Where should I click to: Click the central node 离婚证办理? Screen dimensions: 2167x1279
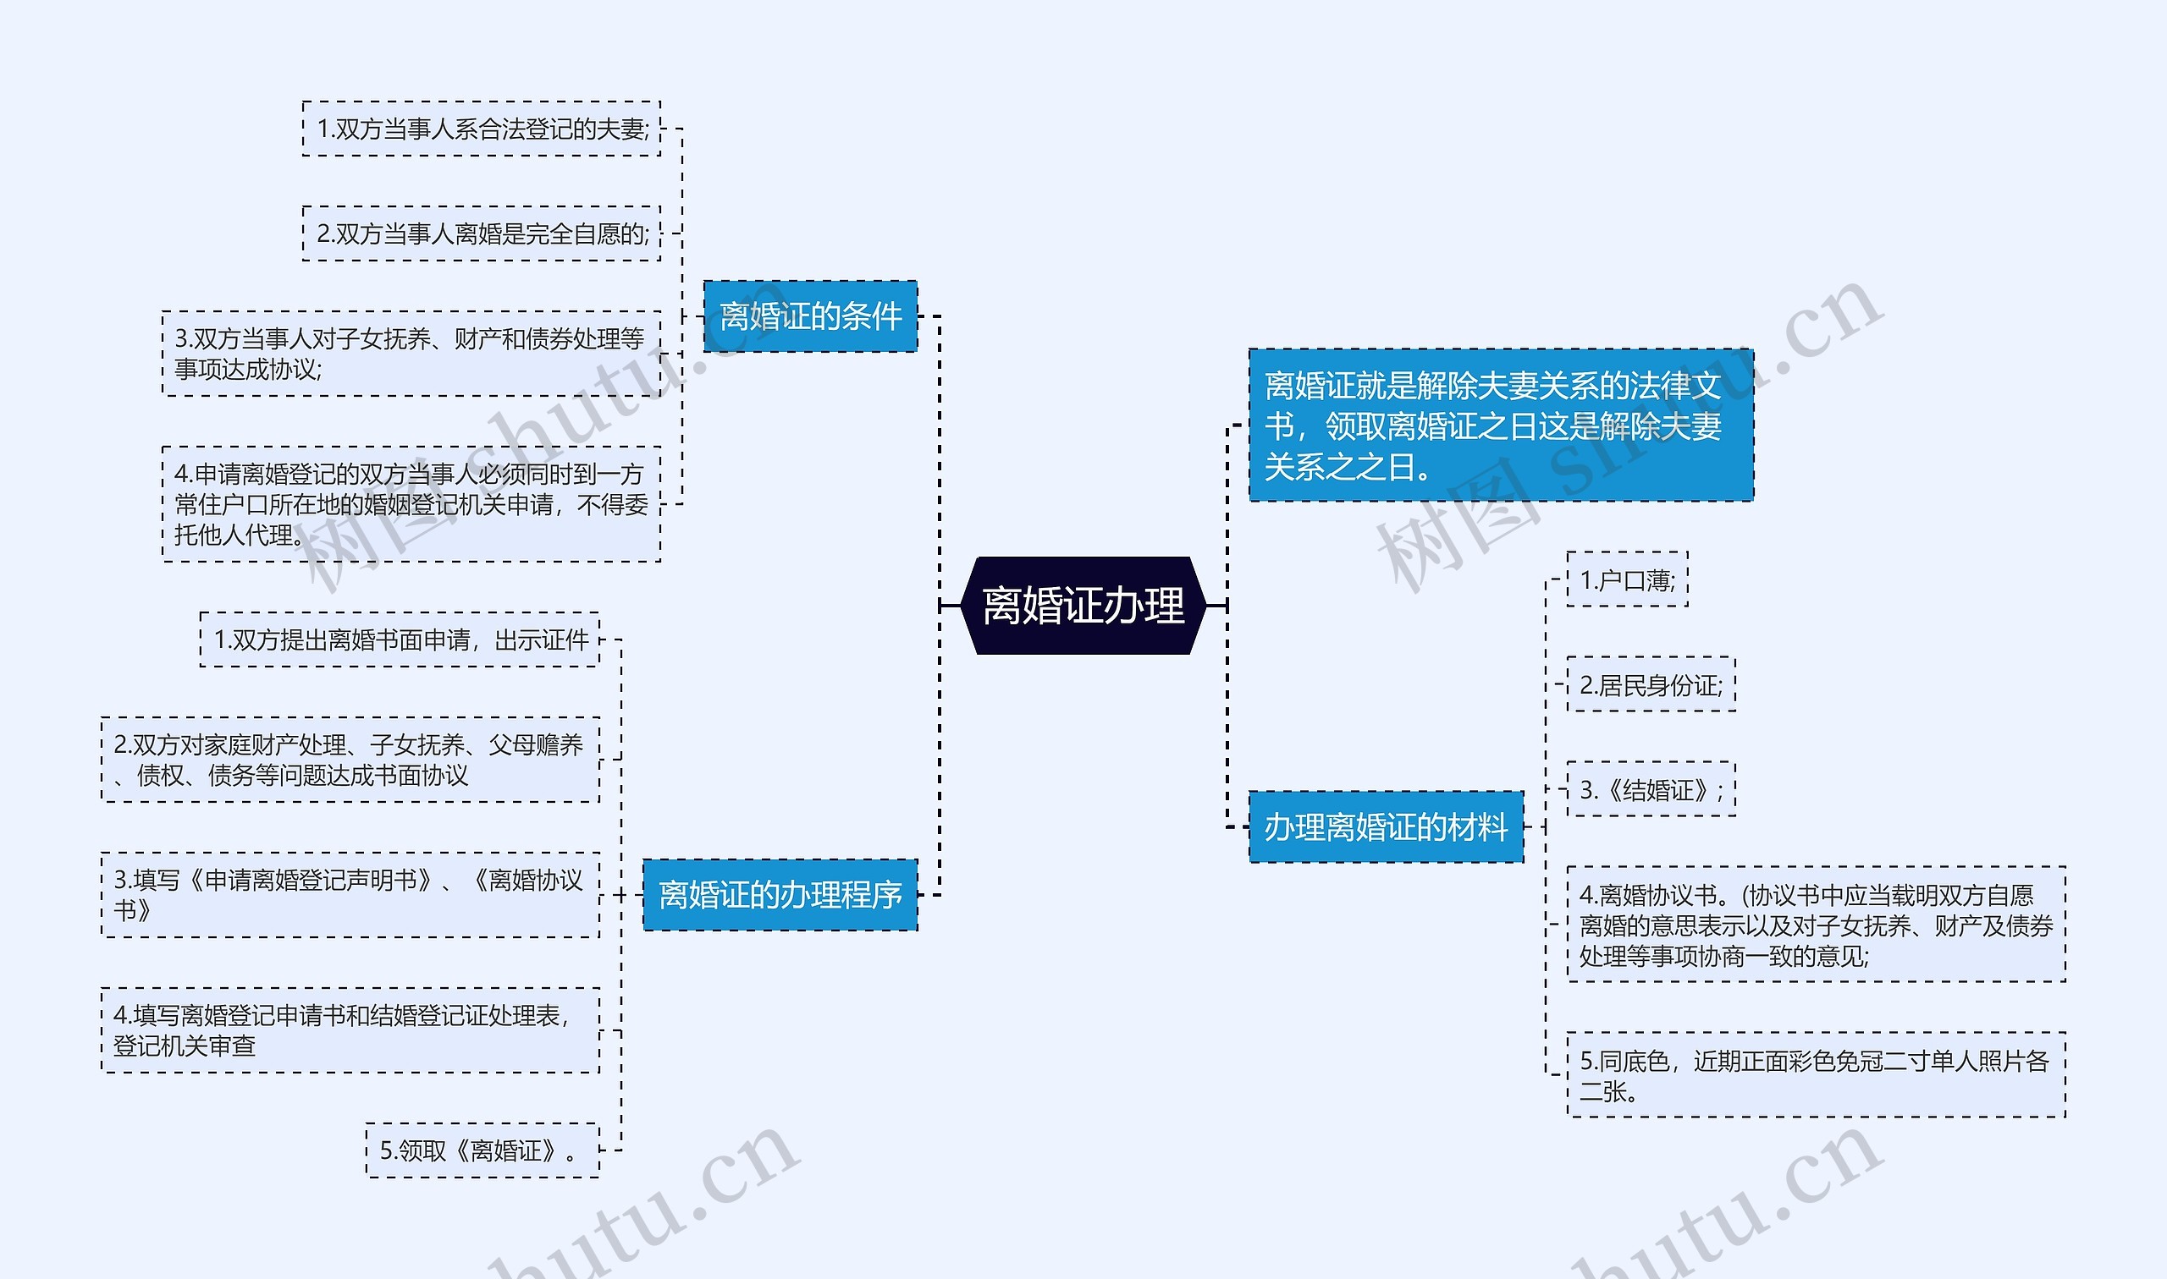[x=1082, y=605]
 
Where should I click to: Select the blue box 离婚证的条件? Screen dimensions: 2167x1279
[x=810, y=316]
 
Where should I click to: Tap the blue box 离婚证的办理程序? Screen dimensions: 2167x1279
[x=780, y=895]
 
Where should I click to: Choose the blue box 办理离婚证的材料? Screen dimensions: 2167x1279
[x=1385, y=826]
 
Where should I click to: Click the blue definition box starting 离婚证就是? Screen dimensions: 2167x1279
[x=1500, y=425]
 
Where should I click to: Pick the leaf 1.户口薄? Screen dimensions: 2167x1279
[x=1626, y=580]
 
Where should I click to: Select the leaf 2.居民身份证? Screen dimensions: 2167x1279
[x=1650, y=685]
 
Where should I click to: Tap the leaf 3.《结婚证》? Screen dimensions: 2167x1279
[x=1650, y=789]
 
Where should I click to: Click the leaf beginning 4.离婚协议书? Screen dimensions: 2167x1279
[x=1815, y=925]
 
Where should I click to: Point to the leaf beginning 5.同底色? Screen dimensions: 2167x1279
[x=1815, y=1075]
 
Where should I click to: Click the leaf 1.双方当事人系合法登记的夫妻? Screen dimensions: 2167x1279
[x=481, y=129]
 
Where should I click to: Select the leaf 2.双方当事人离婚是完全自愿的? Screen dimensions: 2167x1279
[x=481, y=233]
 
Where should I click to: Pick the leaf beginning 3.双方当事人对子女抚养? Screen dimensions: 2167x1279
[x=411, y=354]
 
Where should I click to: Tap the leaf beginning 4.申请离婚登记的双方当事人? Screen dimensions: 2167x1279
[x=411, y=504]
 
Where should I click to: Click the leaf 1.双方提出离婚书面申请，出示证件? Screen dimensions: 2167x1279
[x=400, y=639]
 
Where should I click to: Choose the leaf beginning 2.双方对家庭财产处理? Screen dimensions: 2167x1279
[x=350, y=760]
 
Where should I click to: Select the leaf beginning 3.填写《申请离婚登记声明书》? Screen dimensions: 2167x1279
[x=350, y=895]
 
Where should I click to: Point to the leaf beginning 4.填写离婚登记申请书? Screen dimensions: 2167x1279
[x=350, y=1030]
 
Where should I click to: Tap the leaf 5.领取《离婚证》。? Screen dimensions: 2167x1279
[x=482, y=1150]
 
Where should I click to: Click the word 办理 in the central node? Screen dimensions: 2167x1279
[x=1143, y=605]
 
